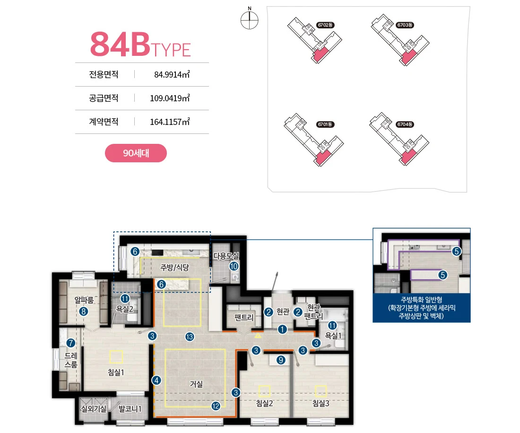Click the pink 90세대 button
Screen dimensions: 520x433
(136, 153)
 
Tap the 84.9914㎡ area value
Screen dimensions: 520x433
(172, 74)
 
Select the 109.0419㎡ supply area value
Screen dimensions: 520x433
(170, 98)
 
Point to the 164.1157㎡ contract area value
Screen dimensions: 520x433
(170, 122)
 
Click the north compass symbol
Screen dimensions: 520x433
(250, 19)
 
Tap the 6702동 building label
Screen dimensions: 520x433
(325, 25)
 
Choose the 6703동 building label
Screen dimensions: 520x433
(405, 25)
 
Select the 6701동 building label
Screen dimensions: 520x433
(325, 124)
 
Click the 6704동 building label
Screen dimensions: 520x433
(405, 124)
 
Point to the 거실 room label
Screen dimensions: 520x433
(196, 384)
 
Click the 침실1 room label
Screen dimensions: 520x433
(116, 372)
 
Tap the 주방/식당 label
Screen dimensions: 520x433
(174, 267)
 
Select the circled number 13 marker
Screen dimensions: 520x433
(190, 337)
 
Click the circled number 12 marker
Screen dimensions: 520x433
(216, 406)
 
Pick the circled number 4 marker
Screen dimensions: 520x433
(156, 380)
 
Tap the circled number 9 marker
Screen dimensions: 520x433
(281, 360)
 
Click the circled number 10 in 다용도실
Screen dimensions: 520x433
(234, 266)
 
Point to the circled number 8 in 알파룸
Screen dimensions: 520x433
(84, 311)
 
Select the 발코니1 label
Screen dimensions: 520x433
(130, 409)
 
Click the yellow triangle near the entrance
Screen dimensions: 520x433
(258, 336)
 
